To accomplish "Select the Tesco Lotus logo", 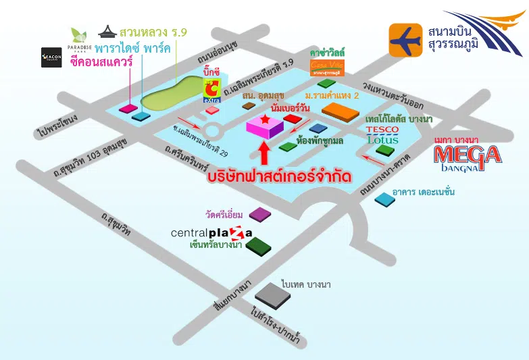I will pyautogui.click(x=382, y=135).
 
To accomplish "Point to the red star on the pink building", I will pyautogui.click(x=265, y=120).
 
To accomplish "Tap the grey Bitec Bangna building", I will pyautogui.click(x=272, y=295).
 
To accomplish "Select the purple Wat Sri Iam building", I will pyautogui.click(x=259, y=214).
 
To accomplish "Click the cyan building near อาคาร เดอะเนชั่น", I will pyautogui.click(x=384, y=199).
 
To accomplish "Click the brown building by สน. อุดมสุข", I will pyautogui.click(x=232, y=118).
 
